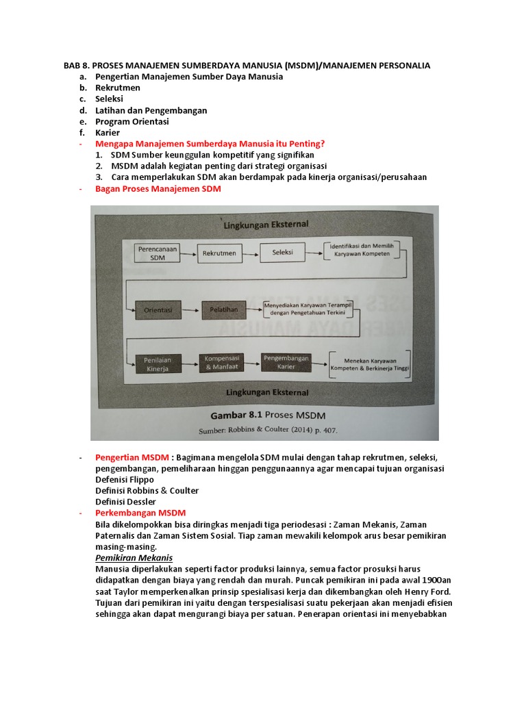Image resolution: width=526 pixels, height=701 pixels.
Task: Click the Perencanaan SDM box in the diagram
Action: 158,253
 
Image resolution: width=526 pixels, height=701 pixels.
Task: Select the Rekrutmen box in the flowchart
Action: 219,253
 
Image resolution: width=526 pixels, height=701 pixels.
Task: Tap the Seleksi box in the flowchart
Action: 282,252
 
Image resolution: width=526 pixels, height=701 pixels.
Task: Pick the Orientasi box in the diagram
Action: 158,309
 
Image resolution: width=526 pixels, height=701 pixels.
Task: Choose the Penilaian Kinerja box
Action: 158,364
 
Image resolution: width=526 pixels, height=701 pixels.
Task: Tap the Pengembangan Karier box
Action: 286,361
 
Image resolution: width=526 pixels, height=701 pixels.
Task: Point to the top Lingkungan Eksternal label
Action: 265,224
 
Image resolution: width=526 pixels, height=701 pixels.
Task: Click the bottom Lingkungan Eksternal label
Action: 267,392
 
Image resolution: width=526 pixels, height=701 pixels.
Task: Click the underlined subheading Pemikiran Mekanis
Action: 134,558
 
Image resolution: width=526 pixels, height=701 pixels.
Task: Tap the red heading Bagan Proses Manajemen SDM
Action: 158,188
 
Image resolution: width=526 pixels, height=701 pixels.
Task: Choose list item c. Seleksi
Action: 109,99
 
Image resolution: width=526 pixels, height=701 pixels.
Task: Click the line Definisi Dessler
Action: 125,502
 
